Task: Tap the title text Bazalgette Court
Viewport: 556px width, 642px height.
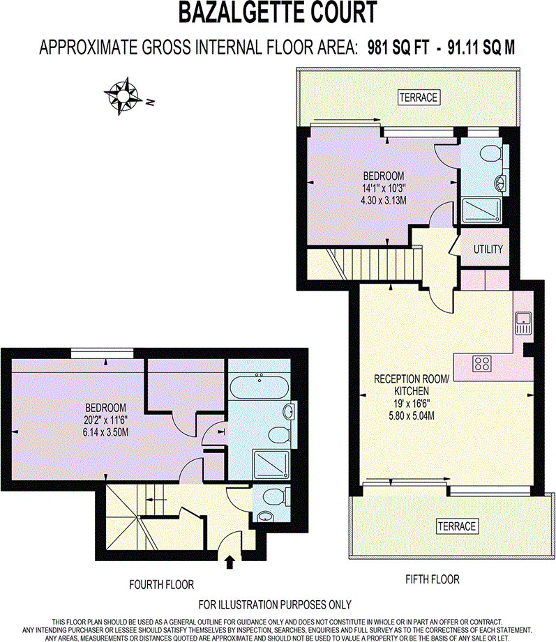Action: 278,13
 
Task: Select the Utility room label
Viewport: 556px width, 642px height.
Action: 488,249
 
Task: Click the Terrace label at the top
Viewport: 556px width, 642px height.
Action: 419,98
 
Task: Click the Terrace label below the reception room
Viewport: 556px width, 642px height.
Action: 457,526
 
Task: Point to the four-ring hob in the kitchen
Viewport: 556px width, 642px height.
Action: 482,362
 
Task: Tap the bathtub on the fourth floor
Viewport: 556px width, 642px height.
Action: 259,385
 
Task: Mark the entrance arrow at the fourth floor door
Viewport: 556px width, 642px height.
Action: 230,560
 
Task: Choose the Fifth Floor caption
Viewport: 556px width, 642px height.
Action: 433,579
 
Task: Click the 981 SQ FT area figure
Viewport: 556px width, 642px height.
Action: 401,47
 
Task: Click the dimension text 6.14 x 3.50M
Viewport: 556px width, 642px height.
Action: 105,432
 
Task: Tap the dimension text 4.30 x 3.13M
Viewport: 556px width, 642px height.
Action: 383,200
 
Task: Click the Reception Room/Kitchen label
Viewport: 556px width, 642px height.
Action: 413,384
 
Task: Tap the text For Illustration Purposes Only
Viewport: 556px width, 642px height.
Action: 276,604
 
